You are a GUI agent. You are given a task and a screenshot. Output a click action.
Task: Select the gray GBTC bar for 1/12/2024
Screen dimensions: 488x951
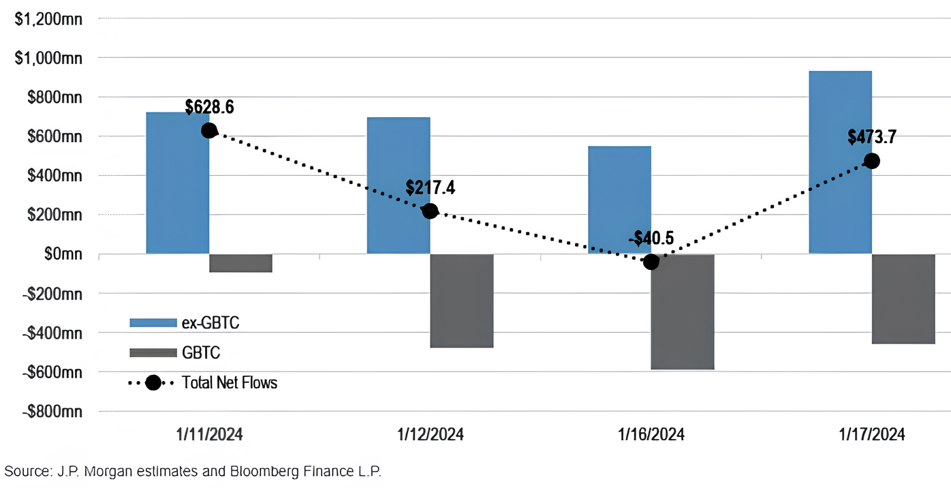tap(461, 301)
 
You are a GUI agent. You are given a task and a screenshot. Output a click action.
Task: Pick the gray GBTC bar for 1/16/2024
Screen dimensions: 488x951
tap(682, 311)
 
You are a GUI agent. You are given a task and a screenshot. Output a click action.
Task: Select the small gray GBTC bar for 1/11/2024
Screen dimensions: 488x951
tap(240, 263)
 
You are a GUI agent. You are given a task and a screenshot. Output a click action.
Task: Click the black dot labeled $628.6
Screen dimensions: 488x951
tap(209, 130)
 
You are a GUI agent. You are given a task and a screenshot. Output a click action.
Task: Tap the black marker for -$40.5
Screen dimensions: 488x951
tap(651, 262)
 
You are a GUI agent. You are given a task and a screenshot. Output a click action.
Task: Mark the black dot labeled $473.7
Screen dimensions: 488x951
tap(871, 161)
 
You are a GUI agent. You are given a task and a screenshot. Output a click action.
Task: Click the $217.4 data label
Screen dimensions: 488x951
tap(430, 188)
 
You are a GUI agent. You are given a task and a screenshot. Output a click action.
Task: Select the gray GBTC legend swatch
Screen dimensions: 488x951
tap(153, 352)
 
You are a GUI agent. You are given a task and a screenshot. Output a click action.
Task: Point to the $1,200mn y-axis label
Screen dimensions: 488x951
tap(48, 19)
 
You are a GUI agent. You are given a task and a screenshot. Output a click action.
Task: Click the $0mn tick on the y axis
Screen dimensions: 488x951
tap(57, 254)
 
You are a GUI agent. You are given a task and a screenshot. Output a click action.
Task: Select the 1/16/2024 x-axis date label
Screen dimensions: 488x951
tap(651, 435)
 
